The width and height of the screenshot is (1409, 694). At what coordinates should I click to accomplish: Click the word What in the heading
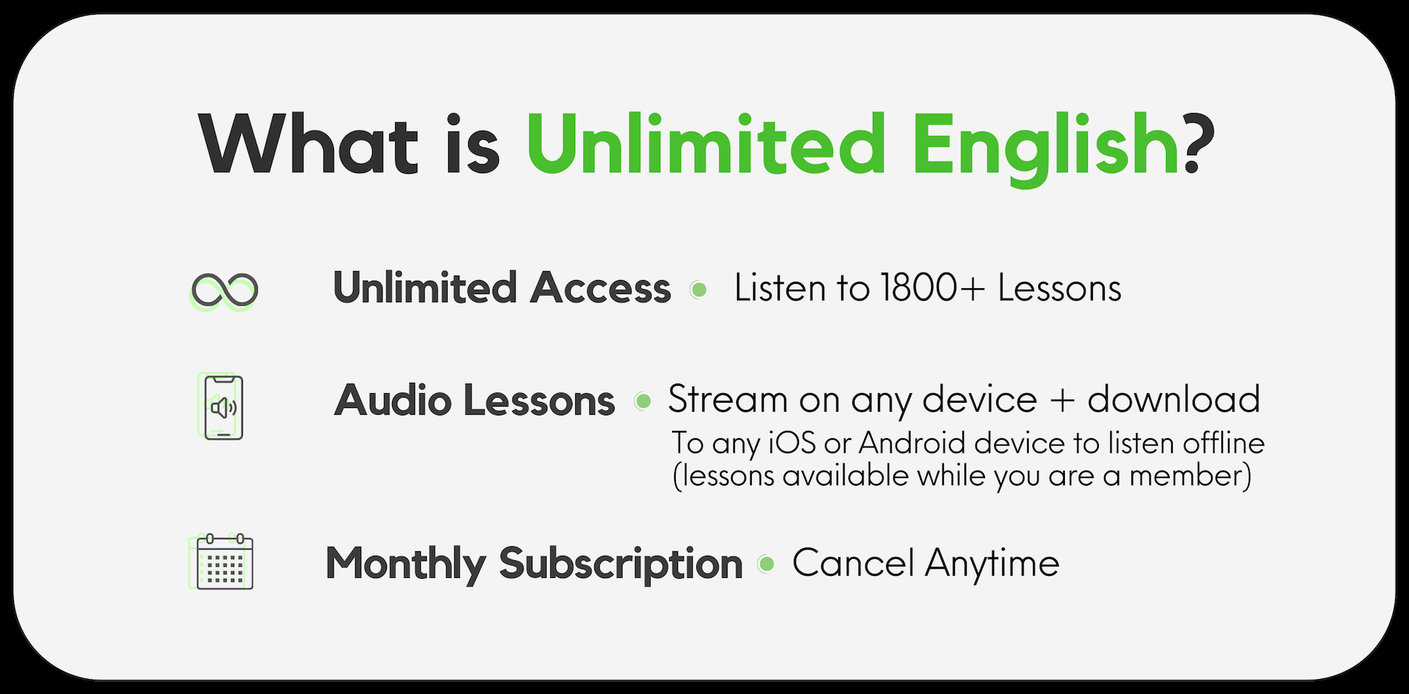[x=309, y=144]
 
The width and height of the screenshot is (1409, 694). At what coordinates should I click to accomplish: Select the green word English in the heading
[x=1045, y=148]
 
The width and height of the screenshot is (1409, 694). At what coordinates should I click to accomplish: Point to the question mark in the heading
[x=1199, y=143]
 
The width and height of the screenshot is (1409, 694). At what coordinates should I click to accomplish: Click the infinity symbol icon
[x=224, y=290]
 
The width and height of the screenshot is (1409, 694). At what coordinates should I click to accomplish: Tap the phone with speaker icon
[x=222, y=407]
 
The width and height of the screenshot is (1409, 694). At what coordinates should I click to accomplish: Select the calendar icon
[x=221, y=562]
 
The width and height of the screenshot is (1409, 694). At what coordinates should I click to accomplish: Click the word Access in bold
[x=600, y=288]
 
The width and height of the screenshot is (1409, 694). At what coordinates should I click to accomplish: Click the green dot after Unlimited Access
[x=698, y=290]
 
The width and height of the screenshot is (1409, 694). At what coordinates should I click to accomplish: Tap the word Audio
[x=393, y=401]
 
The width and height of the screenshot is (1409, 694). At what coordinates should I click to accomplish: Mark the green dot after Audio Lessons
[x=643, y=401]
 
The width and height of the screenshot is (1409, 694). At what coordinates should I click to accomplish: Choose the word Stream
[x=728, y=399]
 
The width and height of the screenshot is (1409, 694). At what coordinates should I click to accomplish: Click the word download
[x=1173, y=399]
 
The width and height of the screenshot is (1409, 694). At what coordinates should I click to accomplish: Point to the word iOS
[x=792, y=443]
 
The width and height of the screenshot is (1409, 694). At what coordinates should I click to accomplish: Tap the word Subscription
[x=620, y=565]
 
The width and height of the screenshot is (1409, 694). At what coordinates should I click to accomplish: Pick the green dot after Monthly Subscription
[x=767, y=564]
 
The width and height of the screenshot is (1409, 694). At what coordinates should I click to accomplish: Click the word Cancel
[x=853, y=563]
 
